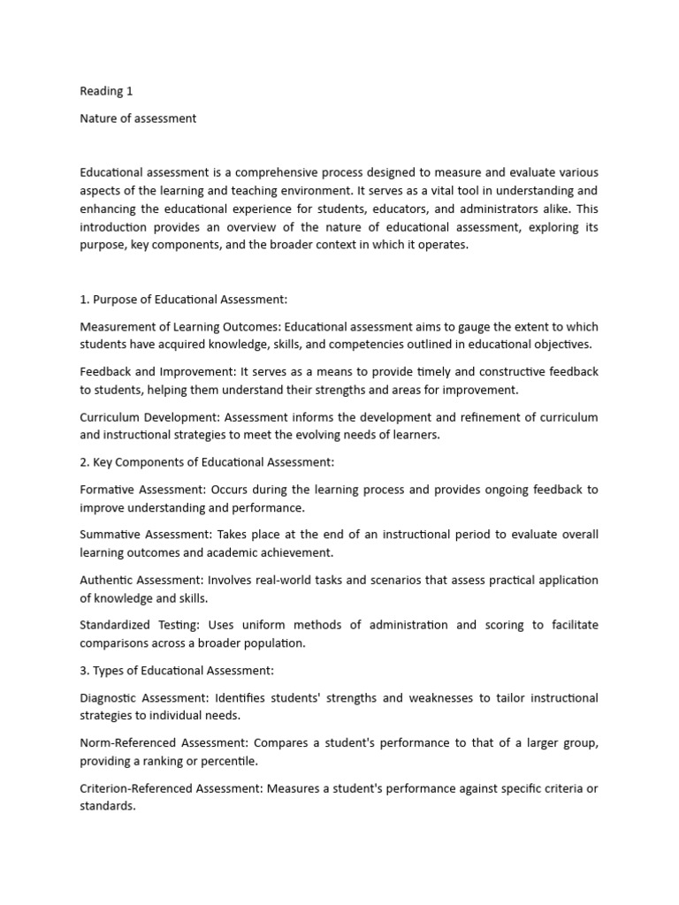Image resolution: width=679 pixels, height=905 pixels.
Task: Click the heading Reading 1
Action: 106,91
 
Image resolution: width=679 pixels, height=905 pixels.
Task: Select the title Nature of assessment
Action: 138,118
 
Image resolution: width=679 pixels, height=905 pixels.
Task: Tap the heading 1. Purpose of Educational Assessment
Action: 184,300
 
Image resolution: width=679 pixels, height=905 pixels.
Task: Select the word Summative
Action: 113,535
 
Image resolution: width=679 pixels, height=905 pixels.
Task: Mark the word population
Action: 275,643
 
